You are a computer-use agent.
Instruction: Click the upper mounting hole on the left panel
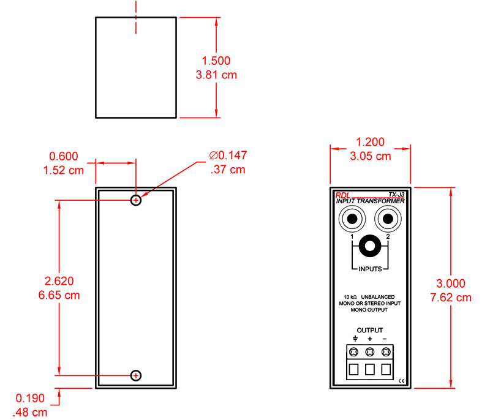[x=136, y=200]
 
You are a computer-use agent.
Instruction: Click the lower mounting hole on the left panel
[x=136, y=375]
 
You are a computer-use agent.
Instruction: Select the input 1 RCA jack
[x=352, y=219]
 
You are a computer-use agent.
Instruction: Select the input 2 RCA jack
[x=387, y=219]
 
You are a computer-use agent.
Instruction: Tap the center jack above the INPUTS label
[x=370, y=247]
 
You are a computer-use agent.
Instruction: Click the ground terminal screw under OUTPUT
[x=355, y=352]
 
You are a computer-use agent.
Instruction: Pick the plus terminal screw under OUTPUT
[x=370, y=352]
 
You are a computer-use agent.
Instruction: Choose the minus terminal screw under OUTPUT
[x=385, y=352]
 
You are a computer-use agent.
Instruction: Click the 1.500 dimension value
[x=216, y=61]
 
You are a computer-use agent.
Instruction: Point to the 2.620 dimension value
[x=59, y=282]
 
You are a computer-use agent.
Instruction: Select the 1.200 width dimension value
[x=370, y=142]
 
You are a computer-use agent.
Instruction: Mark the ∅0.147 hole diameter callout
[x=227, y=156]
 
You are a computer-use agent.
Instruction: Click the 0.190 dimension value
[x=28, y=398]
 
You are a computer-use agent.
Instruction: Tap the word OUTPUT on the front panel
[x=369, y=331]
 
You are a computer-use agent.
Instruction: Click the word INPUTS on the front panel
[x=370, y=269]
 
